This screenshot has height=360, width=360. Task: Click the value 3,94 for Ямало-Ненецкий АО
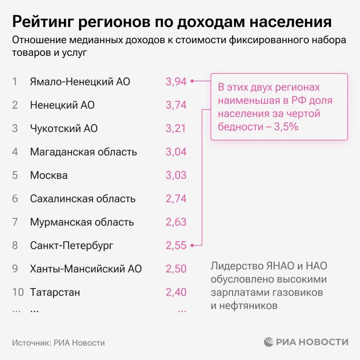176,81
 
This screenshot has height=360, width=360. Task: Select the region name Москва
49,175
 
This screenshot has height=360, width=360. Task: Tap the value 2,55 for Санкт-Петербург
176,245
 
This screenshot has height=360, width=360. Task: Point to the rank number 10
18,292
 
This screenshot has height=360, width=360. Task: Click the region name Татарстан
55,292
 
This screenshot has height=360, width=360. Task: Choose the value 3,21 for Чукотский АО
176,128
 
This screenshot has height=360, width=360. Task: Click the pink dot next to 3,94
192,81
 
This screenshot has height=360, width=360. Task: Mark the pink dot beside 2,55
192,245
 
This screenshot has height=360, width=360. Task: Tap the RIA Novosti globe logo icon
269,342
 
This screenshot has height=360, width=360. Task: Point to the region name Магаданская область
83,152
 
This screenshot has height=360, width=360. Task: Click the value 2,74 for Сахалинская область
176,198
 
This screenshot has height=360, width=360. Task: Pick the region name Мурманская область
82,222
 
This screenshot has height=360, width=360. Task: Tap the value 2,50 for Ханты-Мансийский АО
176,269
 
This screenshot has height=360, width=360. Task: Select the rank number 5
15,175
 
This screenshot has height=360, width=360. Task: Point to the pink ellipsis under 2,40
182,310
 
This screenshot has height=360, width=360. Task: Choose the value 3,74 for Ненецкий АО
176,105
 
